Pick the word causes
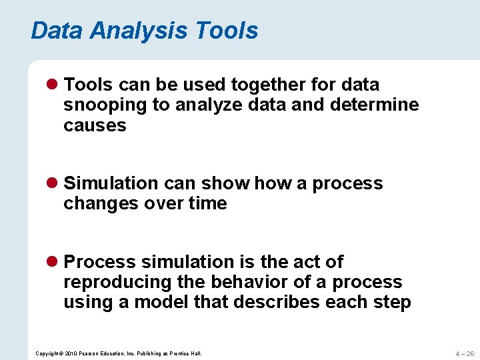pos(95,125)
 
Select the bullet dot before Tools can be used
pos(55,85)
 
